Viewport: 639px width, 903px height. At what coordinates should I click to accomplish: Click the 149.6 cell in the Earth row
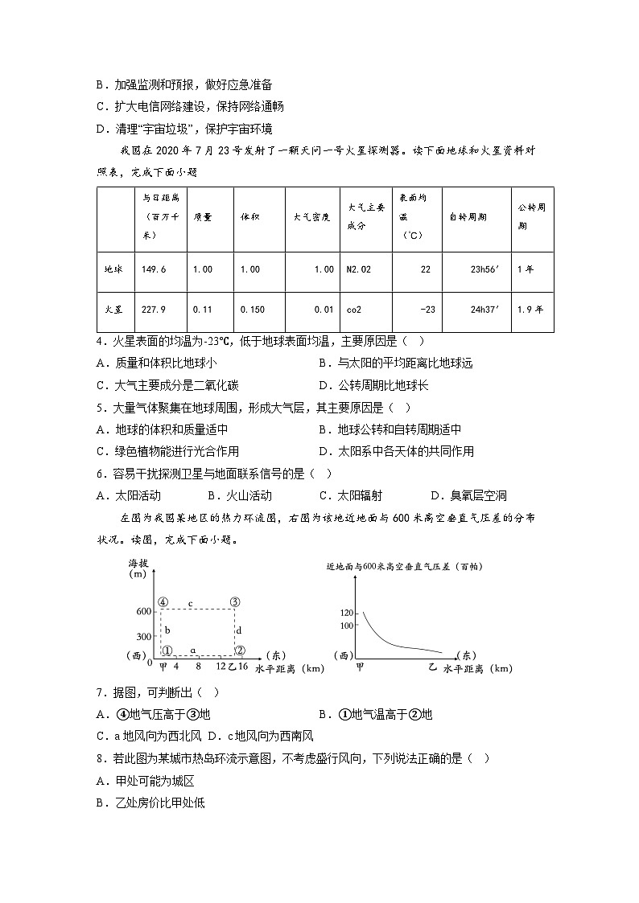(155, 269)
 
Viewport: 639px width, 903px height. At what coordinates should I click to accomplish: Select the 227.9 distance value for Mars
(155, 309)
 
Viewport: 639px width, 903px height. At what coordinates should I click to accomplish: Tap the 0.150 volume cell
(251, 309)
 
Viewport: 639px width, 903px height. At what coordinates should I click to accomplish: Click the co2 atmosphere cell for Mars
(355, 309)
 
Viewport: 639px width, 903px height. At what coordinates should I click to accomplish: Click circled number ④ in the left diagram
(163, 601)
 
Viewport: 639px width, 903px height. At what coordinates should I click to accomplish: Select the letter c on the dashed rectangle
(190, 602)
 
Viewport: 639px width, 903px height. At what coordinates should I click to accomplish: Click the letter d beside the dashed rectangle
(238, 630)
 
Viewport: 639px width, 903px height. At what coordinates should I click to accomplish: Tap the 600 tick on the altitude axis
(143, 612)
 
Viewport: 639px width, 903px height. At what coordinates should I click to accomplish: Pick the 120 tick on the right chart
(346, 612)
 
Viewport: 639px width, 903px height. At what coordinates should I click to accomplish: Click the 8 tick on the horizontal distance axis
(198, 667)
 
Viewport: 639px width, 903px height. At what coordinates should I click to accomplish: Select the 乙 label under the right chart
(431, 667)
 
